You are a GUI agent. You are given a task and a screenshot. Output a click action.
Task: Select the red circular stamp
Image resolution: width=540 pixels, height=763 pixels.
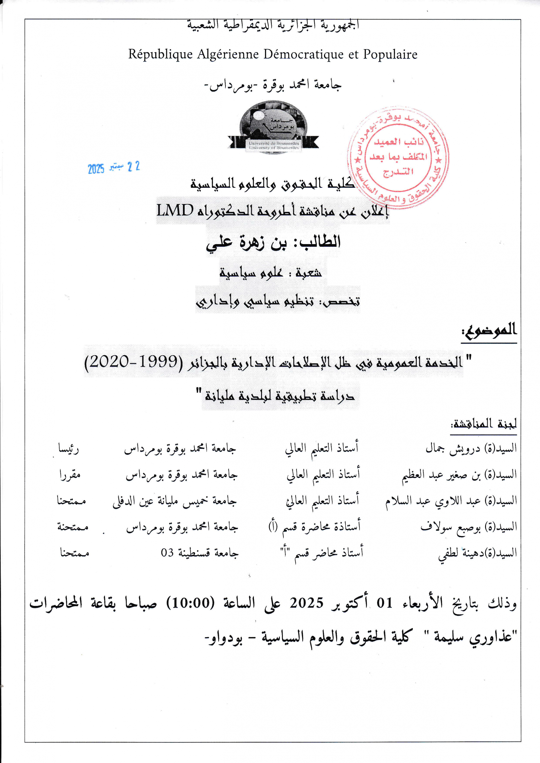[398, 156]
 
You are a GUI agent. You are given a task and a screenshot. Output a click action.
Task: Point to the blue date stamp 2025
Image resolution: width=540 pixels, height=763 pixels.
[96, 169]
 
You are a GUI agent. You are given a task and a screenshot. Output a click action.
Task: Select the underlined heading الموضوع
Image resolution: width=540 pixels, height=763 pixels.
[489, 330]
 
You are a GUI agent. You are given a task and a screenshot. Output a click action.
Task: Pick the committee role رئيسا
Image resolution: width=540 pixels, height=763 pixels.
[69, 449]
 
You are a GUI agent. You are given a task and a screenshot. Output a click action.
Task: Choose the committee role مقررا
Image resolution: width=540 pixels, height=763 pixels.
[70, 475]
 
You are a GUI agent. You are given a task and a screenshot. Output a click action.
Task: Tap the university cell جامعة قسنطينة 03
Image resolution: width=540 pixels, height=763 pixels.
[200, 553]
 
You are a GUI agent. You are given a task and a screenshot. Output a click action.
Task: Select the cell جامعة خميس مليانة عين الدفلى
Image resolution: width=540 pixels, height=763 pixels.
[174, 501]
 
